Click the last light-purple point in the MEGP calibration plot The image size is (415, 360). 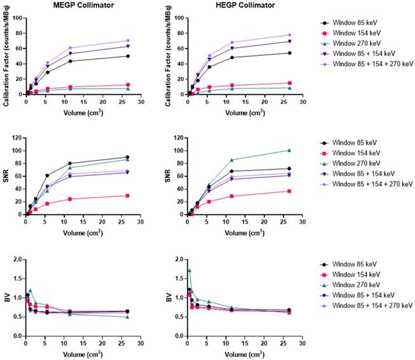[128, 41]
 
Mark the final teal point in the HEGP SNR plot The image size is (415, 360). [289, 150]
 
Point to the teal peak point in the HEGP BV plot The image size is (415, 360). [189, 270]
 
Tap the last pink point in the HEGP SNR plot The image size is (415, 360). [289, 191]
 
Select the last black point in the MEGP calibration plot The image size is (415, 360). [128, 56]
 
